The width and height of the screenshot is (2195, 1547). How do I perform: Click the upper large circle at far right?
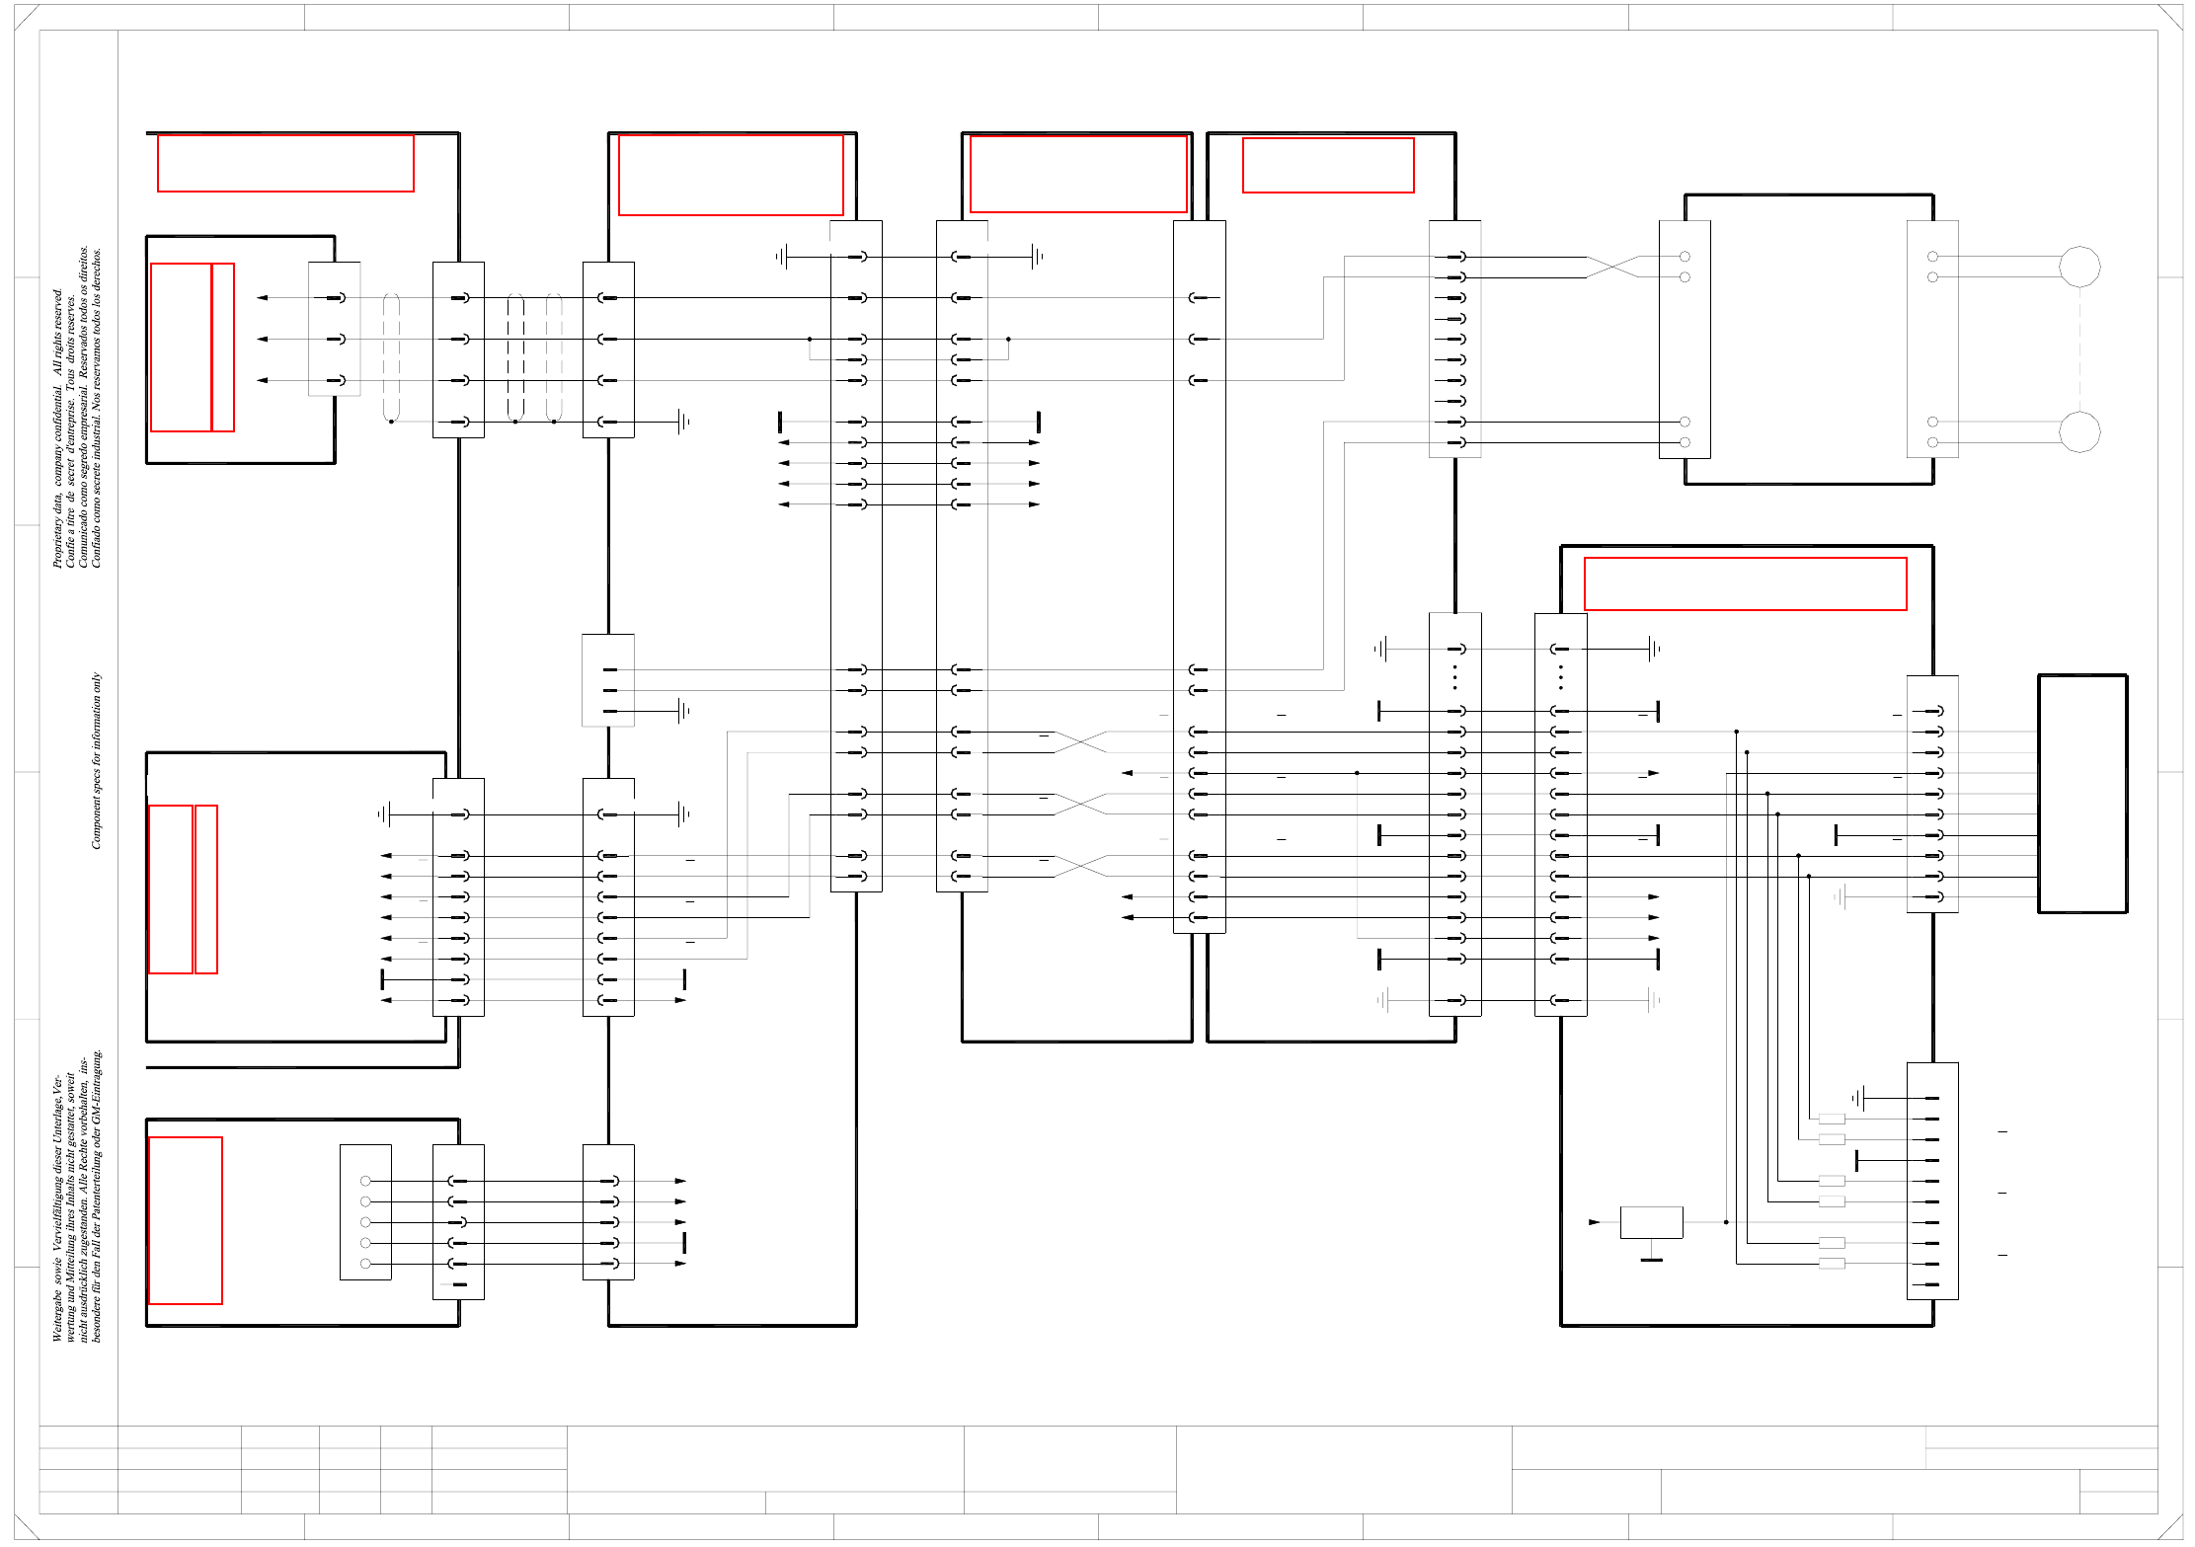(x=2078, y=267)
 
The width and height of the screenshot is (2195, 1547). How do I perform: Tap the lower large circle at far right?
(x=2078, y=431)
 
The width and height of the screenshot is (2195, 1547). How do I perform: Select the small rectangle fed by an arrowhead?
(x=1651, y=1222)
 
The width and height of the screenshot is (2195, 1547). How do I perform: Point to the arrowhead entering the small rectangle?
(x=1594, y=1222)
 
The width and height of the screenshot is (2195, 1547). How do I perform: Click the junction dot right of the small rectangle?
(x=1726, y=1222)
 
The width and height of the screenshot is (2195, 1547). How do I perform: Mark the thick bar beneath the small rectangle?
(x=1651, y=1260)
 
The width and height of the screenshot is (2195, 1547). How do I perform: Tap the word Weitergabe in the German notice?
(x=57, y=1317)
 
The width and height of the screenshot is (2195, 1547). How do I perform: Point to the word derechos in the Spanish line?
(x=96, y=268)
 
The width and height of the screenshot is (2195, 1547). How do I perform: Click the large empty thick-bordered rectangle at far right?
(x=2082, y=794)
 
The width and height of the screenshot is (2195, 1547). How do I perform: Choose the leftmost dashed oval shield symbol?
(x=391, y=357)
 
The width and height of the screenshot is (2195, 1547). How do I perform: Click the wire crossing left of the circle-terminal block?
(x=1612, y=267)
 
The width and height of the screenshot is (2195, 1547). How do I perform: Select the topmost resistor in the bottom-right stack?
(x=1832, y=1119)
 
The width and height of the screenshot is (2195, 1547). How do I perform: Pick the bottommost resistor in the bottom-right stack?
(x=1832, y=1264)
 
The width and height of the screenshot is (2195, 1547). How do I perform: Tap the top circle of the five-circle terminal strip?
(x=365, y=1181)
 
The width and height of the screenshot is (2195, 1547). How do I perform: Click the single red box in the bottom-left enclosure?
(x=186, y=1220)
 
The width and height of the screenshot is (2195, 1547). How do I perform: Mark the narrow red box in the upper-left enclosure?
(x=223, y=348)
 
